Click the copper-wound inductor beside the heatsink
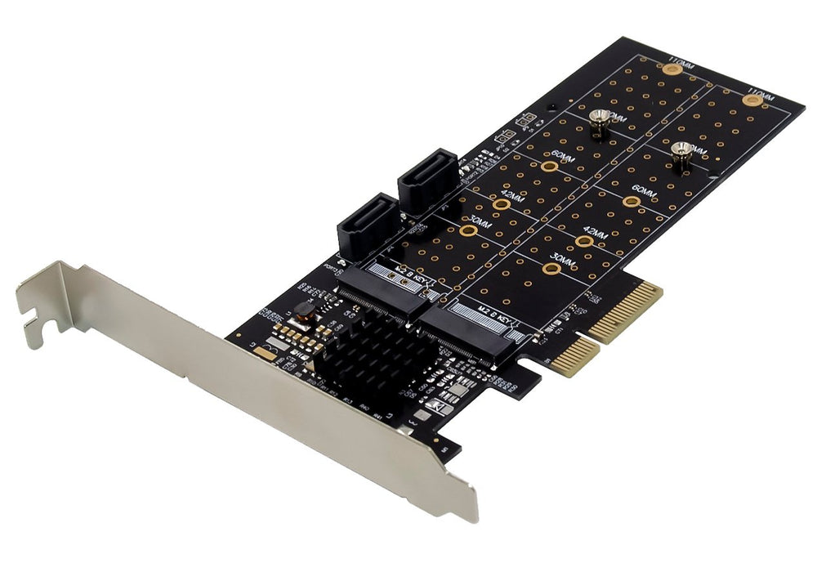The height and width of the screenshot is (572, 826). tap(304, 311)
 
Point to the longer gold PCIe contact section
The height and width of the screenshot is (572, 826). tap(625, 312)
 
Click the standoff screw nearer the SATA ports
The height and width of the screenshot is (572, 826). tap(601, 123)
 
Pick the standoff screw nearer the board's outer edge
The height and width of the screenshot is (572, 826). tap(681, 155)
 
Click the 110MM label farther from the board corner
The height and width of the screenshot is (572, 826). tap(681, 61)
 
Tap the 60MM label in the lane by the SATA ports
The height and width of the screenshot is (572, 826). tap(562, 156)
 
